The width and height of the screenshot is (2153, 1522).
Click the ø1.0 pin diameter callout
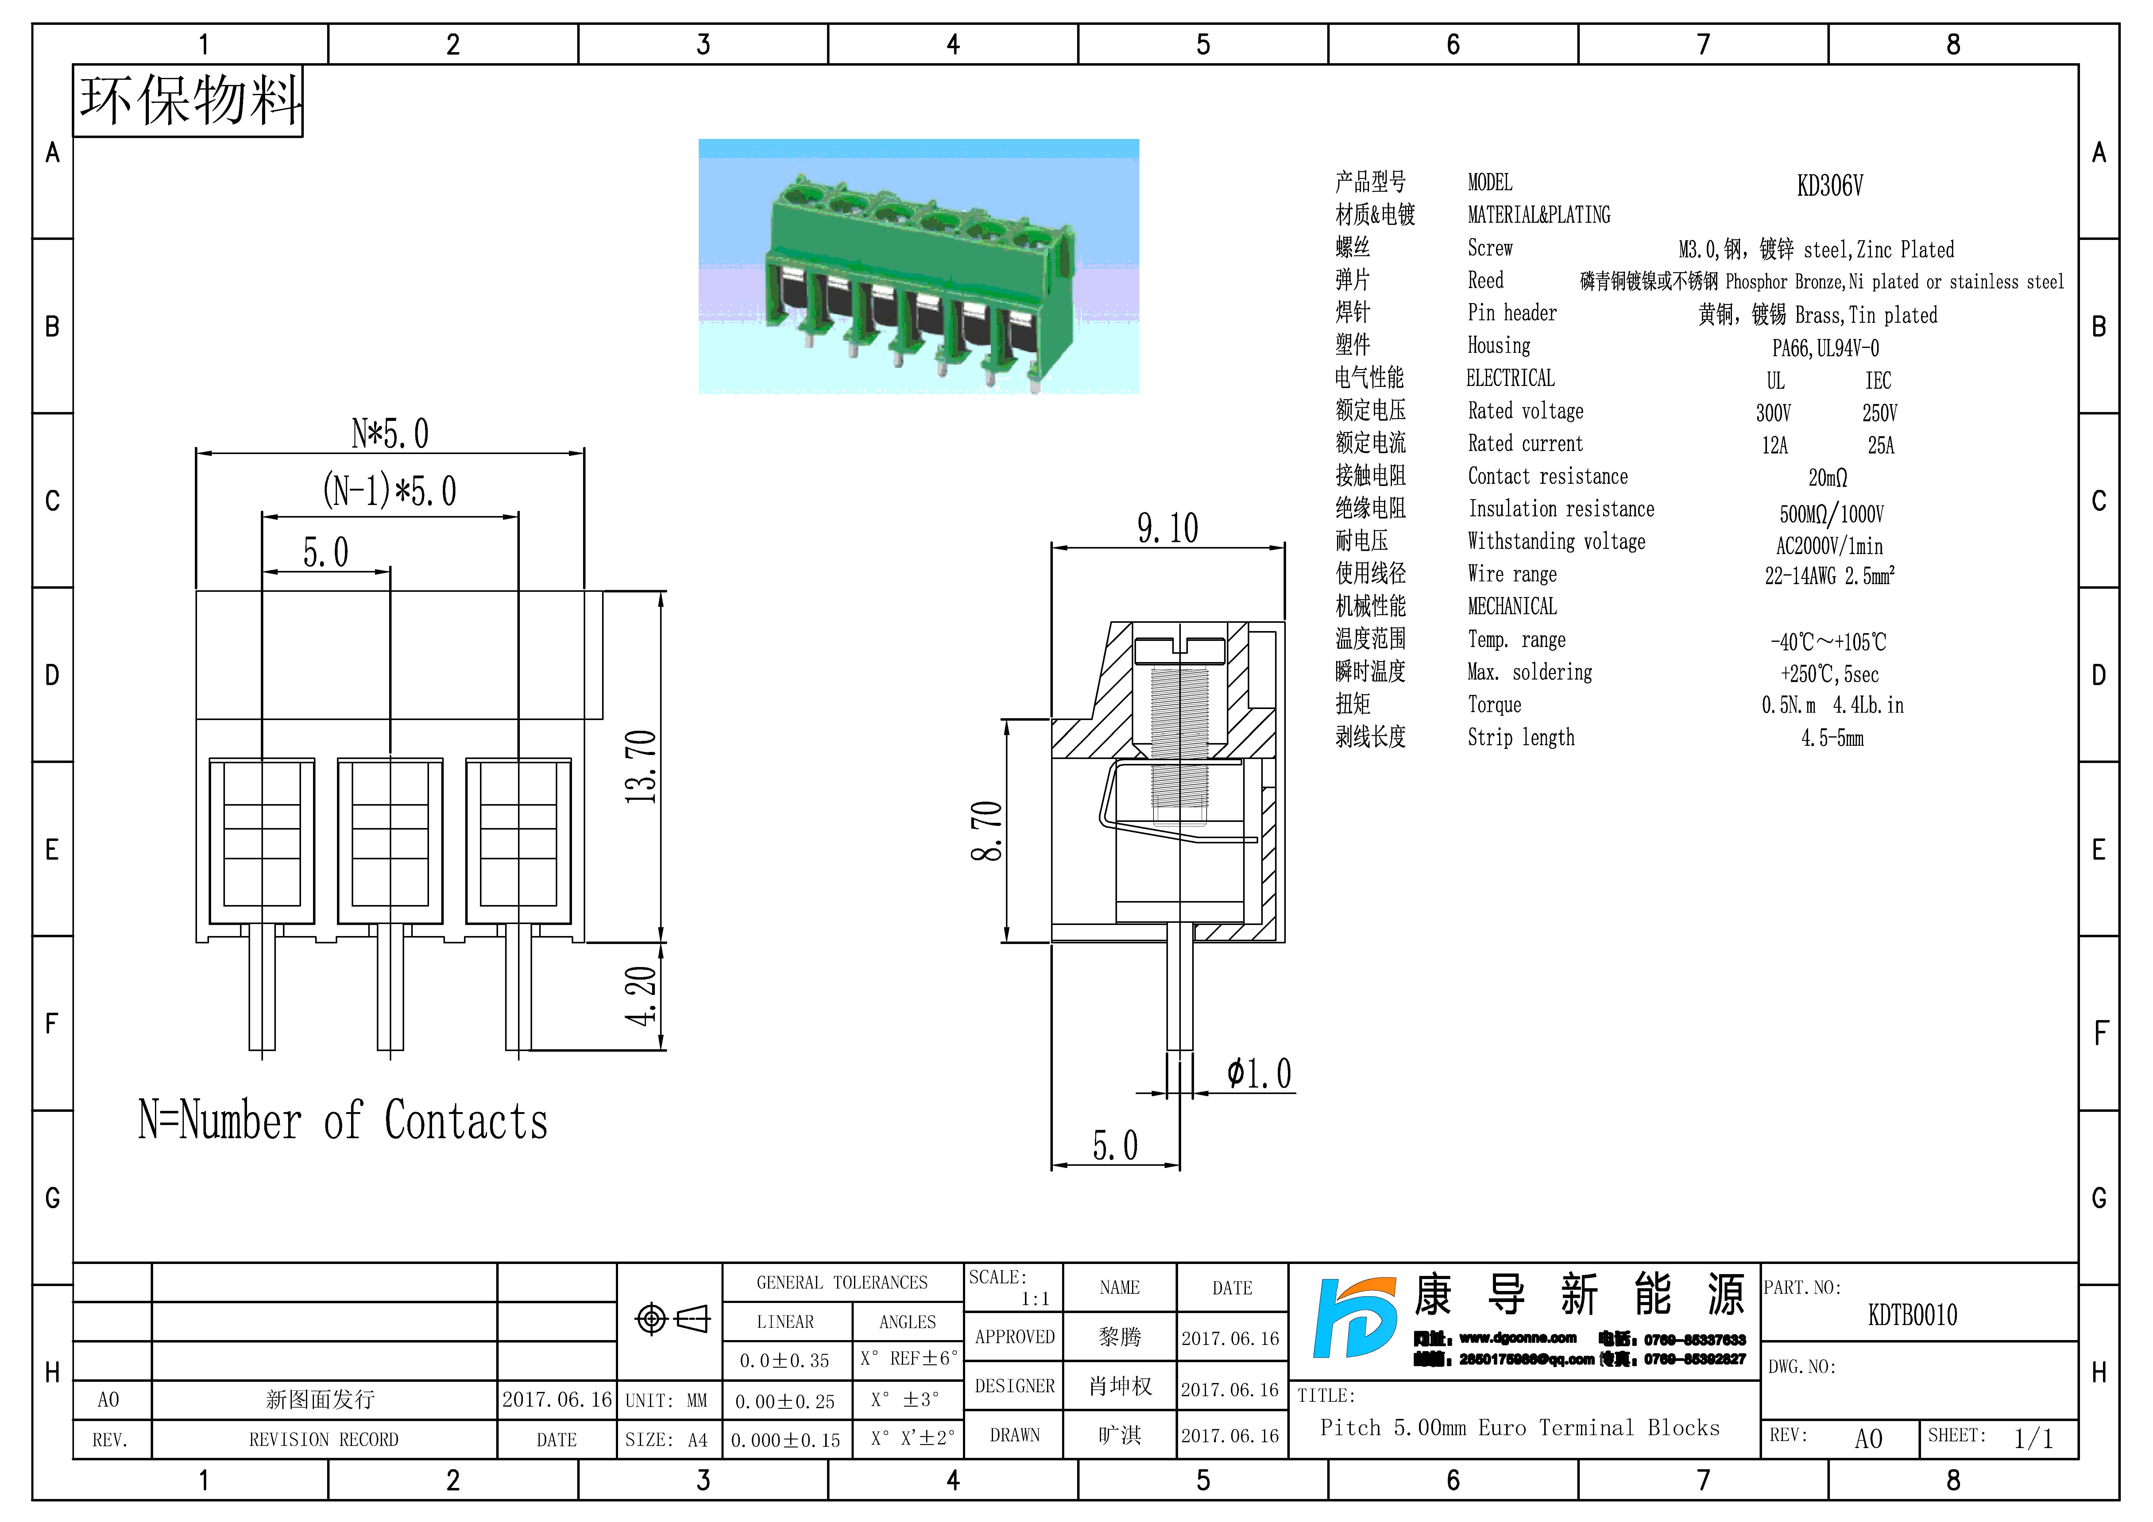(x=1259, y=1074)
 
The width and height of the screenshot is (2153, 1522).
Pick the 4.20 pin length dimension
(x=641, y=996)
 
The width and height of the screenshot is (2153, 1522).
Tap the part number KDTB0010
(x=1912, y=1316)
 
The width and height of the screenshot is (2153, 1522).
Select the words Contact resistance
(x=1547, y=476)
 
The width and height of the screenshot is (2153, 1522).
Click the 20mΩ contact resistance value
(x=1828, y=478)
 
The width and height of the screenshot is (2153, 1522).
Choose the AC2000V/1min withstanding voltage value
(x=1829, y=546)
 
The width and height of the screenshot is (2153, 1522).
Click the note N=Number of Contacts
(x=343, y=1121)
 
